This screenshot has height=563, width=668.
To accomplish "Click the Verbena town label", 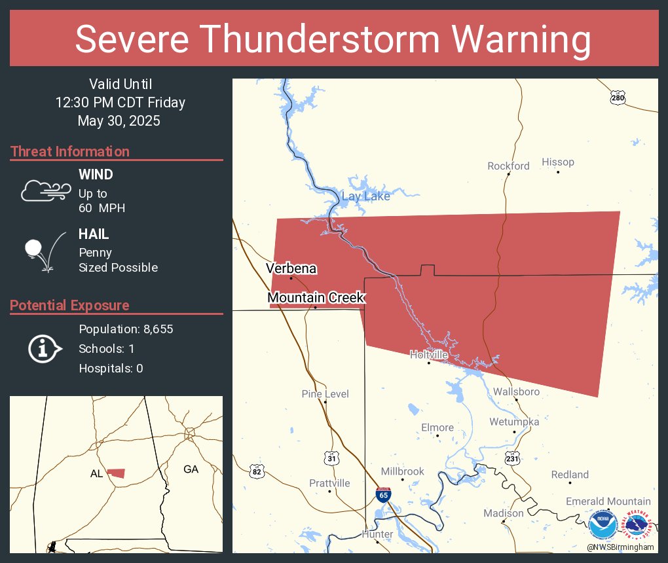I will [291, 268].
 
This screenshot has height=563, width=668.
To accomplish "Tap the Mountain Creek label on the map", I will [316, 298].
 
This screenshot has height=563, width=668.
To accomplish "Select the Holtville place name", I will [429, 354].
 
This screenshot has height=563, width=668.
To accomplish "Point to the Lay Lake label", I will [365, 196].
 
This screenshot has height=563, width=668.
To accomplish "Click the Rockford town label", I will [508, 166].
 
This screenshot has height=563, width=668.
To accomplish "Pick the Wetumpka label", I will [514, 422].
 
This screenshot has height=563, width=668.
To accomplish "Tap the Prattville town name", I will [329, 483].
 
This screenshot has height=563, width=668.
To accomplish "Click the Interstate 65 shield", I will [384, 494].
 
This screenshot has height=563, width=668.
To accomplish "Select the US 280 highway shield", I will [618, 98].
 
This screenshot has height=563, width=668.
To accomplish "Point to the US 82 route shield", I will [257, 471].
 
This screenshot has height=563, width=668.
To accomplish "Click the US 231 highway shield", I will [513, 460].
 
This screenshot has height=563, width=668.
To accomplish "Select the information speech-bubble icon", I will [45, 349].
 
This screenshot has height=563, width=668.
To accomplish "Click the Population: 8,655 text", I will [126, 329].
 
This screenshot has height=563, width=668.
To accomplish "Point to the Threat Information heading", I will [70, 151].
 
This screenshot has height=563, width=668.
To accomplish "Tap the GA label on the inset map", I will [191, 469].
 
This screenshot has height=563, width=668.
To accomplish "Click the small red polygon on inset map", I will [117, 473].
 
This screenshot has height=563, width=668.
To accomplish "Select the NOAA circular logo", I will [603, 525].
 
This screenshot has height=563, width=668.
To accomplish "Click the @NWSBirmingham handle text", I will [620, 547].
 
